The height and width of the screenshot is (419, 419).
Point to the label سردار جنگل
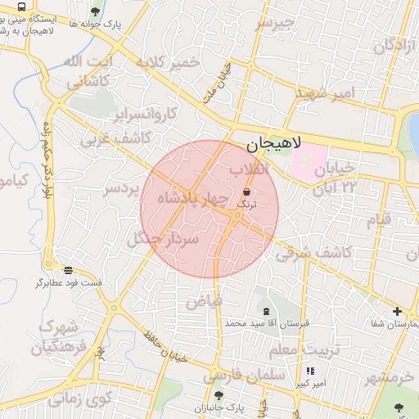(163, 238)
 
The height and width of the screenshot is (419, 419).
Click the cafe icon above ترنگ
(246, 191)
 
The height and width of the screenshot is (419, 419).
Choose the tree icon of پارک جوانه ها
(96, 11)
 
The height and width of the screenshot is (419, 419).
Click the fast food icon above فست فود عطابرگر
(68, 269)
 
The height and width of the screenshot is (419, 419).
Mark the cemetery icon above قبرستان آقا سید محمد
(266, 311)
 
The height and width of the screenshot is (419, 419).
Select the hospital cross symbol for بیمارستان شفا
(397, 311)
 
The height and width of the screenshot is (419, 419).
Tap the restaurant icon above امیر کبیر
(310, 371)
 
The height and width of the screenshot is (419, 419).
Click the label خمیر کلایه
(169, 62)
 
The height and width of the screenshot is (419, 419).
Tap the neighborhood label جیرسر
(273, 24)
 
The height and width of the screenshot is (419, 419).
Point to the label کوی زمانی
(79, 400)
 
